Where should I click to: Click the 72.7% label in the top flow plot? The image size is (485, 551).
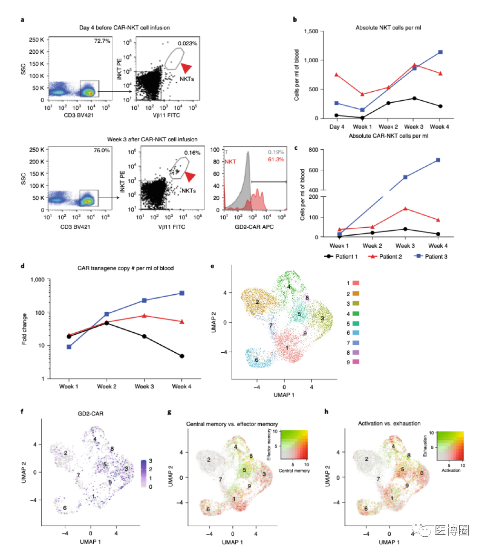click(102, 41)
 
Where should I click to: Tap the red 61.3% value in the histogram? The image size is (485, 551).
click(276, 159)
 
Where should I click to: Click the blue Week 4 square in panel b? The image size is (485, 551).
click(440, 52)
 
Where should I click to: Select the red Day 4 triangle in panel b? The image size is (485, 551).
click(337, 75)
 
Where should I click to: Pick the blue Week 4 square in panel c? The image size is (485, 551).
click(437, 160)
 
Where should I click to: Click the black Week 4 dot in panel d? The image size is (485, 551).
click(182, 356)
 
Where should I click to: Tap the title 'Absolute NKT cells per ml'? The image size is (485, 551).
click(384, 27)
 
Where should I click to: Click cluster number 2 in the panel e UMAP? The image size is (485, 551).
click(257, 302)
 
